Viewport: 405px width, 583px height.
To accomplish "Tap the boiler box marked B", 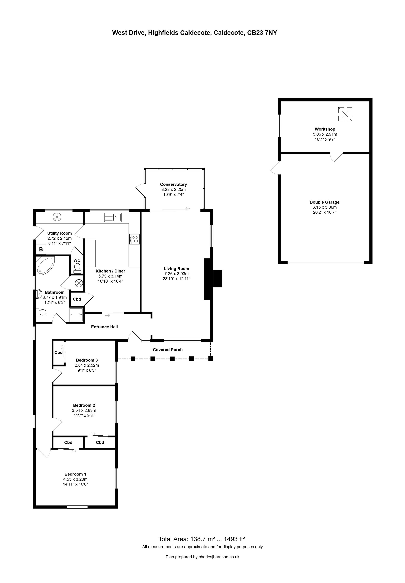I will (x=41, y=250).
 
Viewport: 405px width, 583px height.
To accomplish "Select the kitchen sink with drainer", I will (x=113, y=217).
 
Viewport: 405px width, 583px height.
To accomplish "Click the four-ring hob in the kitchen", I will (x=134, y=239).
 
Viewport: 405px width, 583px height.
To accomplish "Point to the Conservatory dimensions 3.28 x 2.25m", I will (x=173, y=189).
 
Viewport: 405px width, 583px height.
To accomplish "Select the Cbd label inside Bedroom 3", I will (x=58, y=352).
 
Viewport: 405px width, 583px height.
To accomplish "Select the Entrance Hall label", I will (x=104, y=327).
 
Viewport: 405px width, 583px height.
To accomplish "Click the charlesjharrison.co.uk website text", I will (x=219, y=557).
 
